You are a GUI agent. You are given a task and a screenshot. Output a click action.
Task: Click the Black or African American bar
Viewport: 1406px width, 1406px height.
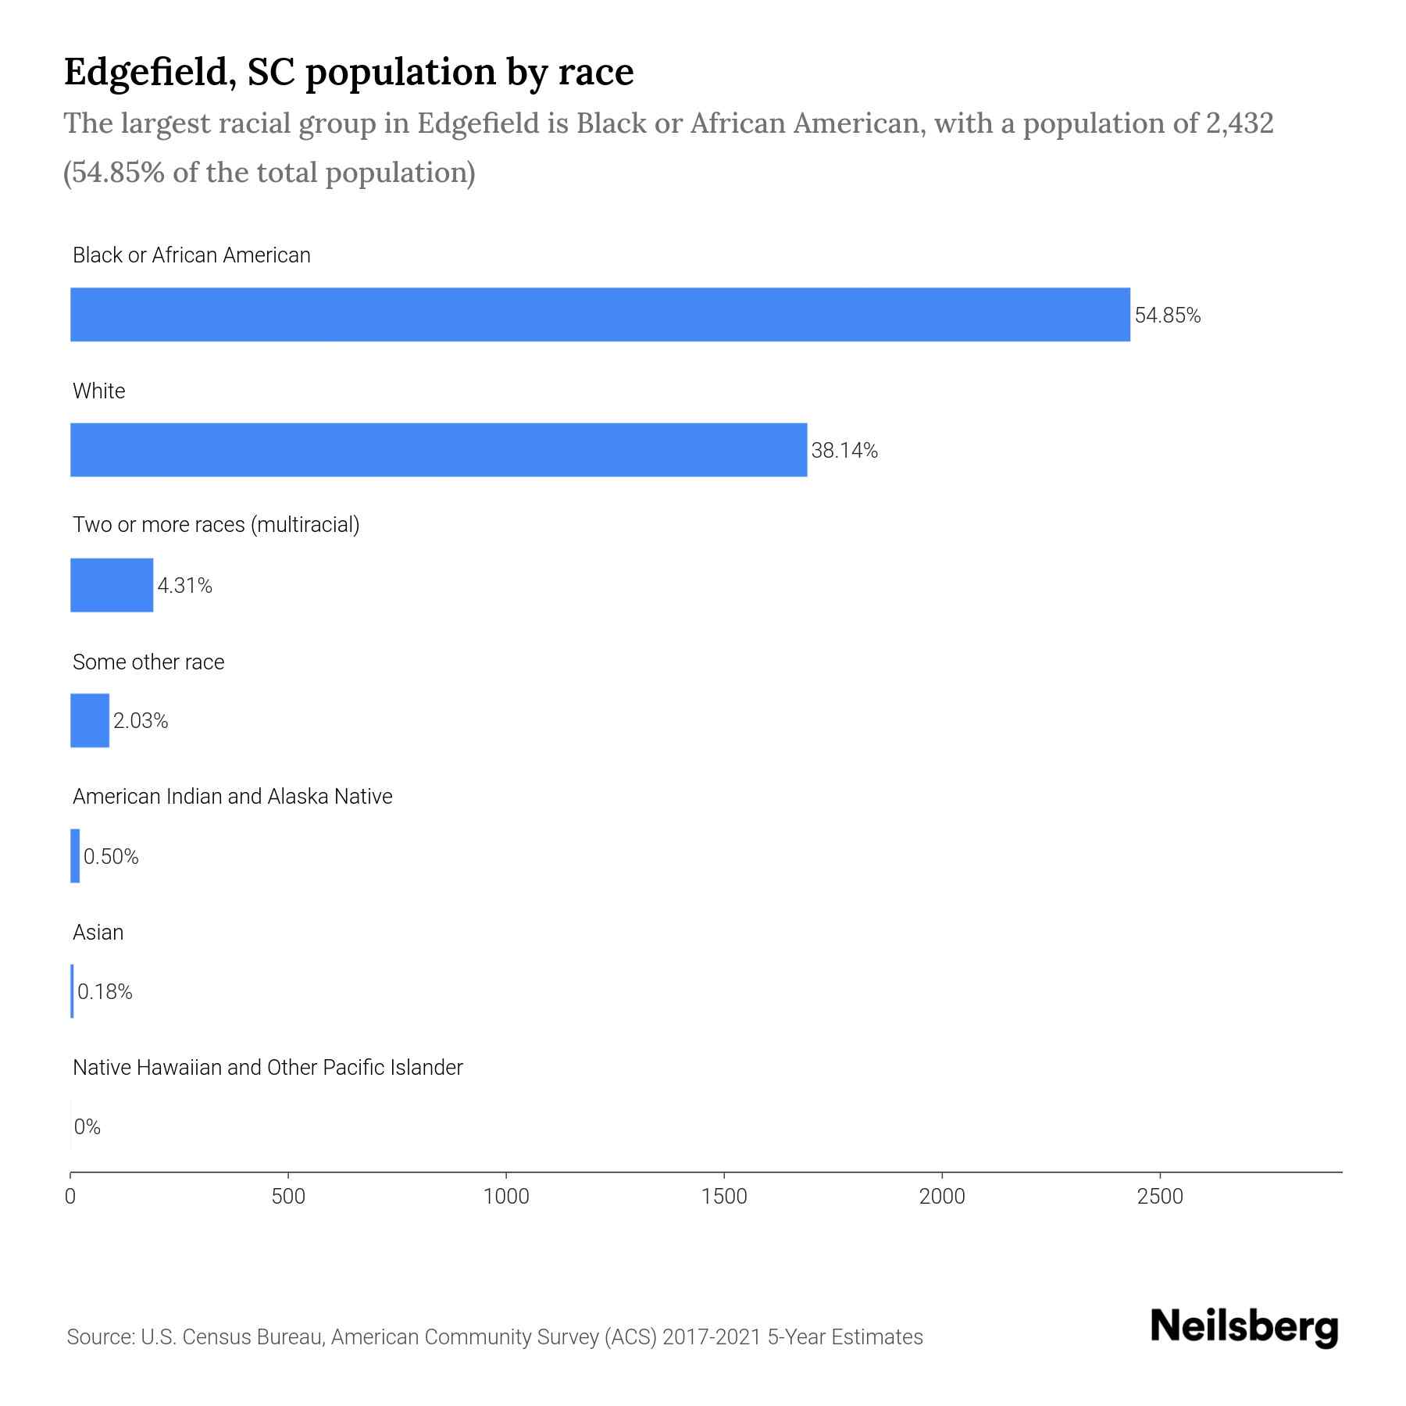pos(600,314)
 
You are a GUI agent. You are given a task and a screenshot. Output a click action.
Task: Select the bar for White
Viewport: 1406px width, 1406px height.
pos(438,450)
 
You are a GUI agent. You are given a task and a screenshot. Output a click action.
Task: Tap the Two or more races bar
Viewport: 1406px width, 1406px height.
pos(112,585)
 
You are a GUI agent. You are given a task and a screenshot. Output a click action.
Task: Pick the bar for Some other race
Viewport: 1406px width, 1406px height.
pos(90,720)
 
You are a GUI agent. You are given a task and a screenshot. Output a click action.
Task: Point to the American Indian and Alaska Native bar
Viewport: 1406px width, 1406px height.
pos(75,856)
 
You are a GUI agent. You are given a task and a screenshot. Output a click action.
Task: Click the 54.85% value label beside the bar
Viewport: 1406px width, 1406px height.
pos(1167,316)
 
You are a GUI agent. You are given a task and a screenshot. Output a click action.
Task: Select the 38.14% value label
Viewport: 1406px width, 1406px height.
pos(844,451)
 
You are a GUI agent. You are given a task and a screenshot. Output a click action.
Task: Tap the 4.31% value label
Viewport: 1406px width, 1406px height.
pos(185,586)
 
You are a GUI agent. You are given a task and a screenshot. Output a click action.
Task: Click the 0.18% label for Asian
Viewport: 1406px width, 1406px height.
pos(105,992)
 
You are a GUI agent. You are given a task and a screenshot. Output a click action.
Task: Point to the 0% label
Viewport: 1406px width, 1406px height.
pos(87,1127)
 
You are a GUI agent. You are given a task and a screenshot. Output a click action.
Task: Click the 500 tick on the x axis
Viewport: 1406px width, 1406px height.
pos(288,1197)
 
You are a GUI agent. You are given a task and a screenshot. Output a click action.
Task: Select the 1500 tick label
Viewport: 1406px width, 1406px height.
pos(724,1197)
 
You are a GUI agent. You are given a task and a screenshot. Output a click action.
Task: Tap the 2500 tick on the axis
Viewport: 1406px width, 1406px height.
pos(1160,1197)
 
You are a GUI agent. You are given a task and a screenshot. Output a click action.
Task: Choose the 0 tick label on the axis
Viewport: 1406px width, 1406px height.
pos(70,1197)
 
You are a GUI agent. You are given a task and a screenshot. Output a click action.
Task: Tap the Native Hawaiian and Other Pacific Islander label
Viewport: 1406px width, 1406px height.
pos(268,1067)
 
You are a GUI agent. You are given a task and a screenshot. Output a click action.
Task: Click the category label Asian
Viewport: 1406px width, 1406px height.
pos(98,932)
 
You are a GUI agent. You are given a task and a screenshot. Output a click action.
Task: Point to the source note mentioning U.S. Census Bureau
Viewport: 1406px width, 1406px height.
pos(494,1337)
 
